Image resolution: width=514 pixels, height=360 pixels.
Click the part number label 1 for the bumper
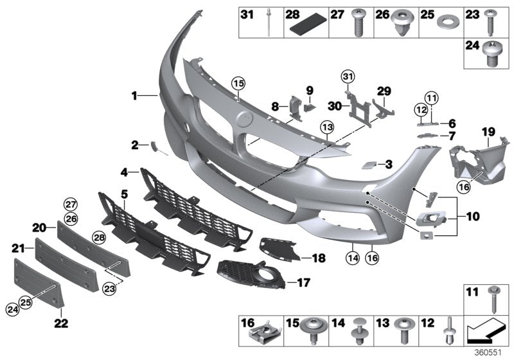point(135,96)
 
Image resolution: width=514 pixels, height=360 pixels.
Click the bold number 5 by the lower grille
point(124,192)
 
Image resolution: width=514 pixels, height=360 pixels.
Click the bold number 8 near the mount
point(275,106)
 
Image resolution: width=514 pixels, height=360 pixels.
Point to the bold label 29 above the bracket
point(384,91)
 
